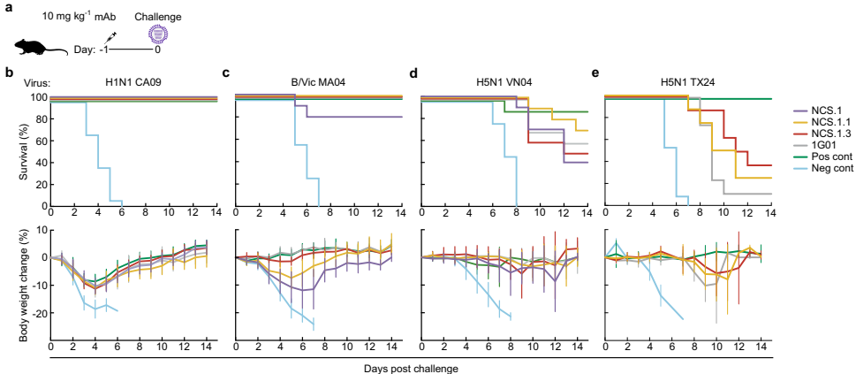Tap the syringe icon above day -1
[110, 37]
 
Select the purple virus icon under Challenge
[157, 34]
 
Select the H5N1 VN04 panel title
[501, 81]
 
